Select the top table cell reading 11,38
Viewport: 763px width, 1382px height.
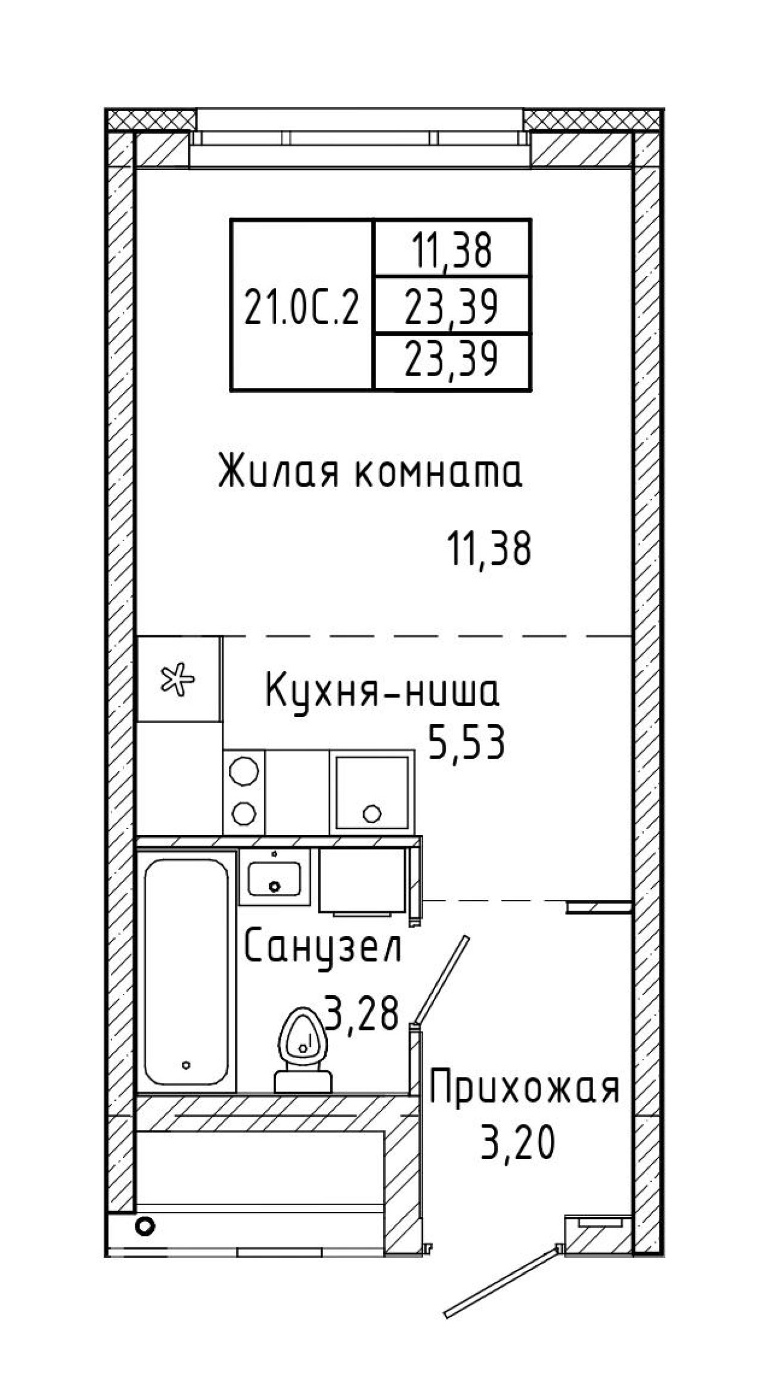tap(451, 250)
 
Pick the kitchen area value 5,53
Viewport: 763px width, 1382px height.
tap(467, 743)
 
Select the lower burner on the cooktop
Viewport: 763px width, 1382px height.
tap(244, 812)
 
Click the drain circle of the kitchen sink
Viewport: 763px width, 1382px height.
tap(372, 813)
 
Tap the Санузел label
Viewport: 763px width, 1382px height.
tap(324, 946)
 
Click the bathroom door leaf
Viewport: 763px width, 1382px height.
tap(442, 978)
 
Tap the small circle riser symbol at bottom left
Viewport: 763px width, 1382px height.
tap(145, 1226)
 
